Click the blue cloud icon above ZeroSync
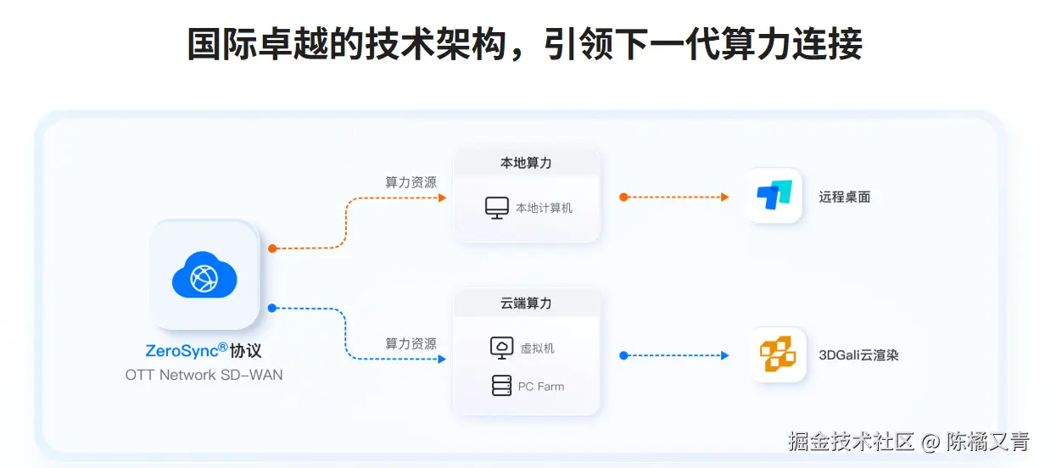tap(204, 275)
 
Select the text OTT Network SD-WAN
tap(204, 375)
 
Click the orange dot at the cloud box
tap(272, 248)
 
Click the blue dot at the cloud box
tap(272, 308)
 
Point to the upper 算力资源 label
tap(411, 182)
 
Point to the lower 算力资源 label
tap(411, 343)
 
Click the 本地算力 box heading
tap(526, 163)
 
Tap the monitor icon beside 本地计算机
tap(496, 208)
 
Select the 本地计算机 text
tap(544, 208)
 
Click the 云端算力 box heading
tap(526, 304)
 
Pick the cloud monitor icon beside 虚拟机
tap(501, 348)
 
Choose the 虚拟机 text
tap(537, 348)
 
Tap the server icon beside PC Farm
tap(501, 386)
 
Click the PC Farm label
tap(541, 387)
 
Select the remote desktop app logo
tap(774, 196)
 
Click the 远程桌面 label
tap(845, 197)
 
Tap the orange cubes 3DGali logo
tap(777, 354)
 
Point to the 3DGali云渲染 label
tap(858, 355)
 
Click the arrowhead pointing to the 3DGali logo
tap(724, 355)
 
